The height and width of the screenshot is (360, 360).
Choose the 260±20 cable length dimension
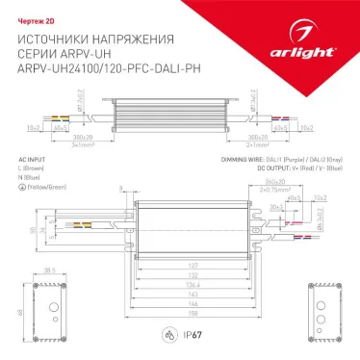point(277,182)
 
